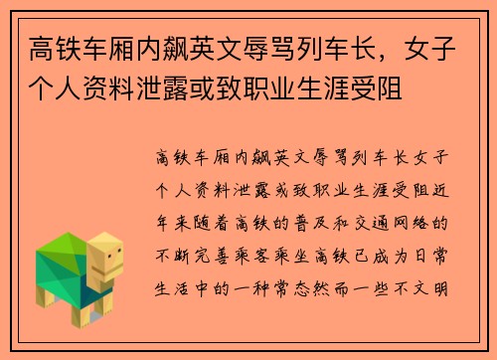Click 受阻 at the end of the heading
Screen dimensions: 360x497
[x=383, y=90]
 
